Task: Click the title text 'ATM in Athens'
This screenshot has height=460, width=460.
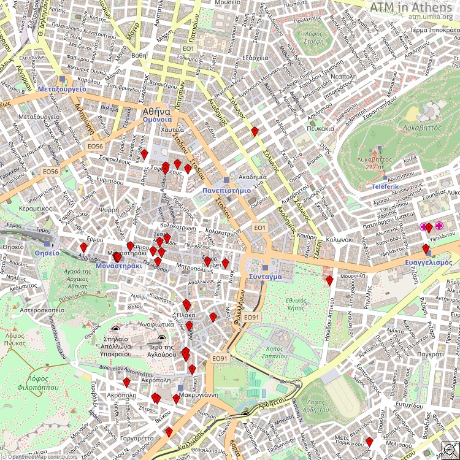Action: click(x=412, y=7)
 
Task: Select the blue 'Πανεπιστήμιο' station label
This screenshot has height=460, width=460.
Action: click(x=226, y=190)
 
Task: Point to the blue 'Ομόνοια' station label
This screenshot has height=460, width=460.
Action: click(x=157, y=120)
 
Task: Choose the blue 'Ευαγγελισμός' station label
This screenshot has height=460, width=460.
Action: click(x=428, y=262)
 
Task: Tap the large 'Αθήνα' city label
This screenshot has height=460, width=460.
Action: click(x=156, y=112)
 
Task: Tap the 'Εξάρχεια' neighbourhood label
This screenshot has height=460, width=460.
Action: click(x=256, y=58)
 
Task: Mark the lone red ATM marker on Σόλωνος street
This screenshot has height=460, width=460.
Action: click(x=254, y=130)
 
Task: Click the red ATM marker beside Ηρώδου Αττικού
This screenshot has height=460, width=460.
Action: click(x=329, y=280)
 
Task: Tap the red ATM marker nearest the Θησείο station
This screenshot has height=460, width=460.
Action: click(x=83, y=247)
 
